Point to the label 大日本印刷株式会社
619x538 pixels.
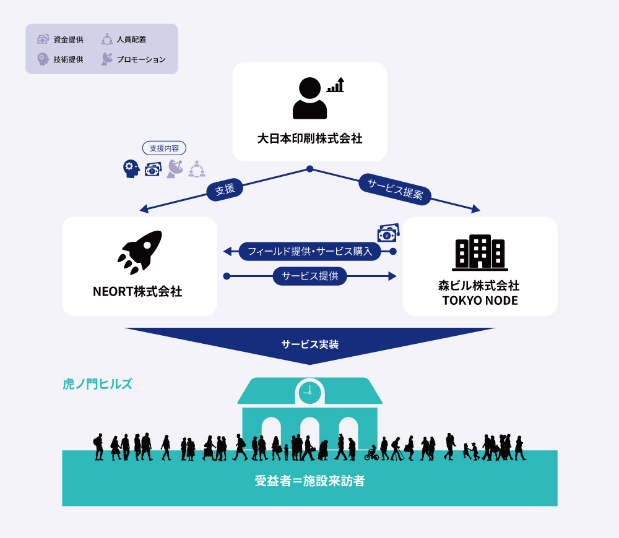point(309,139)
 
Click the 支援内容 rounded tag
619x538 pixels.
point(164,148)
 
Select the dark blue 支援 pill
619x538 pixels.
point(225,190)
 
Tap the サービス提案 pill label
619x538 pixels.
point(395,189)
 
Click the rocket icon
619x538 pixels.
point(140,252)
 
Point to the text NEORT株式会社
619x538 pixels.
point(141,291)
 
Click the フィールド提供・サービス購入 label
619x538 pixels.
point(309,252)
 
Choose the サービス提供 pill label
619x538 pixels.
point(309,276)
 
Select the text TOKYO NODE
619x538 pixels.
point(480,301)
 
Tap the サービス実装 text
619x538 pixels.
point(309,344)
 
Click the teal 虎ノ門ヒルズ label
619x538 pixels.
point(98,384)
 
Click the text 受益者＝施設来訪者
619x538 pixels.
point(309,480)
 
